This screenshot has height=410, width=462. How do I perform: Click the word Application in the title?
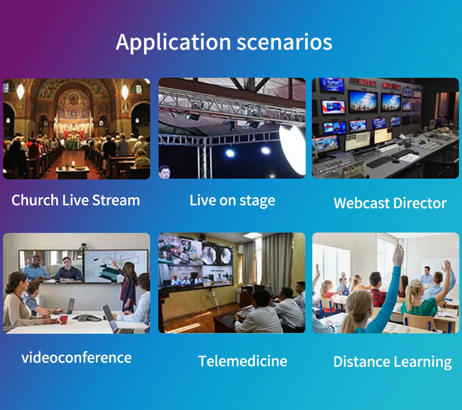[x=174, y=43]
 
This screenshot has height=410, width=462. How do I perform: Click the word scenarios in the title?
[x=285, y=42]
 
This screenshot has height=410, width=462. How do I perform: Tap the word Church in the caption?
[x=35, y=200]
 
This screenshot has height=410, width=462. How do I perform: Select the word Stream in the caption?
[x=116, y=200]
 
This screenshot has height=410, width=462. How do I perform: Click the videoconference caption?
[x=76, y=357]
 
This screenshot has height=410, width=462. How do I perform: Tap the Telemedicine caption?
[x=243, y=361]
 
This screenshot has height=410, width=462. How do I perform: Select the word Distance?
[x=362, y=361]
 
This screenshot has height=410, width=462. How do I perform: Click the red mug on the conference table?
[x=63, y=319]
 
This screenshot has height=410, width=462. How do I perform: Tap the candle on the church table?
[x=73, y=164]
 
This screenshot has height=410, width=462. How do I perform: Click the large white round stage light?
[x=293, y=149]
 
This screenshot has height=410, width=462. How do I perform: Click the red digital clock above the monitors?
[x=368, y=82]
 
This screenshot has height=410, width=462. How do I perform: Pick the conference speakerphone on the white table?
[x=88, y=318]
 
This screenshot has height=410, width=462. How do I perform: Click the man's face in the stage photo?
[x=165, y=172]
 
